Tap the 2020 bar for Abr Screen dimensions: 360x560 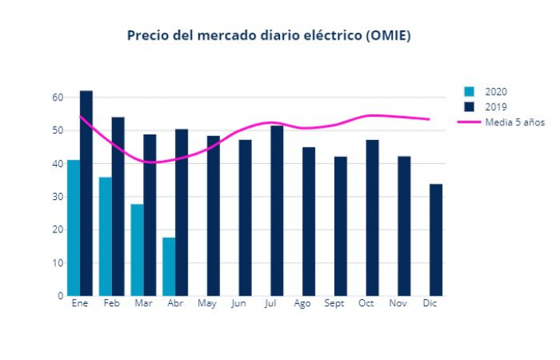click(x=169, y=266)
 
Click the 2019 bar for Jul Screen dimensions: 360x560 click(x=277, y=210)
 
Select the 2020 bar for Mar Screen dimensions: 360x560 click(x=137, y=250)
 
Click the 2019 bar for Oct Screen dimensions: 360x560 click(x=373, y=218)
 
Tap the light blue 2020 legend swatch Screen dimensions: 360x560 click(x=468, y=92)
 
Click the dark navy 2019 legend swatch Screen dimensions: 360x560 click(x=468, y=107)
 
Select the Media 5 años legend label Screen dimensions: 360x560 click(x=515, y=122)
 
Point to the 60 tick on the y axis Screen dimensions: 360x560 click(x=58, y=97)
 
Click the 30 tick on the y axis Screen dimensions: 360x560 click(x=58, y=197)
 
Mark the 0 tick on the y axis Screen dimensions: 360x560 click(x=60, y=295)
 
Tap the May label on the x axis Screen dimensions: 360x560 click(x=207, y=303)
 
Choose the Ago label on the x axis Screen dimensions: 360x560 click(x=303, y=303)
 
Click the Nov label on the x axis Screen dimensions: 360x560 click(x=398, y=303)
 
